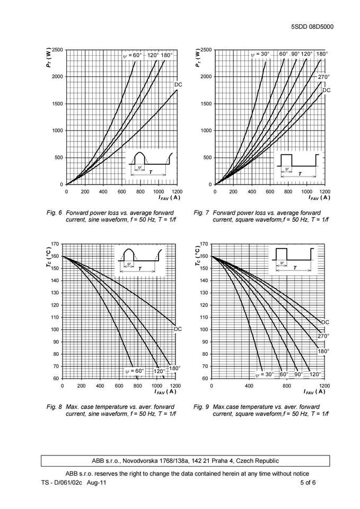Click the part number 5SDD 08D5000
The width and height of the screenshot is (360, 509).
[312, 27]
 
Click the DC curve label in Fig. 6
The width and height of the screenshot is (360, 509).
[179, 85]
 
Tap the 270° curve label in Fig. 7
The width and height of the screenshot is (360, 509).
[324, 77]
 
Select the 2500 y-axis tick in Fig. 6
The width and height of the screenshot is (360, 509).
[57, 50]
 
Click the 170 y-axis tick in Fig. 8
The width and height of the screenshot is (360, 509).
[55, 244]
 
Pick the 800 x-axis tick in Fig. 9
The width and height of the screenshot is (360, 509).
[287, 385]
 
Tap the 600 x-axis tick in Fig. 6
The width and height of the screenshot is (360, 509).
[121, 191]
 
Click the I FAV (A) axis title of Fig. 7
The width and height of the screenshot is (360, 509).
[319, 198]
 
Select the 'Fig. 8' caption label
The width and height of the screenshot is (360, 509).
[55, 407]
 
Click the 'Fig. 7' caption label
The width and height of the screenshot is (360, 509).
[202, 213]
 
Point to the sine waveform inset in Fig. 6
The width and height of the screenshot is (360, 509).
[150, 163]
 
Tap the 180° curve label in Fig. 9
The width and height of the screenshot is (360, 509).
[323, 351]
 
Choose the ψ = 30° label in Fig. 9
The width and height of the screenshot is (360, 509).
[265, 374]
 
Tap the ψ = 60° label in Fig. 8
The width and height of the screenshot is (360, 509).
[135, 371]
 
